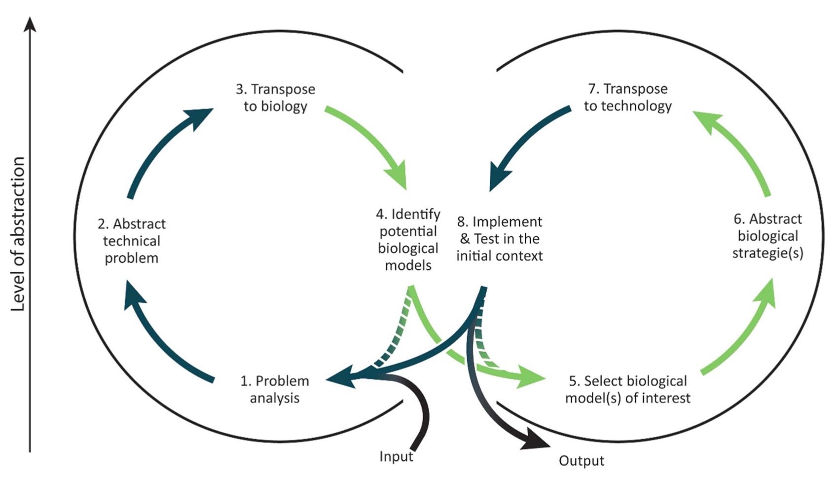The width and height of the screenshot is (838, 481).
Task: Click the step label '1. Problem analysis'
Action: [275, 389]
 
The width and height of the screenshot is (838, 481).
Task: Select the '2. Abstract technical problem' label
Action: [132, 241]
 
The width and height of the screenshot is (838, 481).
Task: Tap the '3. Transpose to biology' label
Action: [275, 98]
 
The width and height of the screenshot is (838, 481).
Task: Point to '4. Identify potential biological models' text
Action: [408, 240]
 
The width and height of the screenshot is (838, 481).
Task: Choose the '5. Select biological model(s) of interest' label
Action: [627, 389]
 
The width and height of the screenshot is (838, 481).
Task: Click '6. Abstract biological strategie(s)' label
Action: [767, 236]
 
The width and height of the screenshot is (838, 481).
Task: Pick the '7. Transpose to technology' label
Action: [627, 97]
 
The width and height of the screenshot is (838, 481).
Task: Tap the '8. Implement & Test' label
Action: [499, 239]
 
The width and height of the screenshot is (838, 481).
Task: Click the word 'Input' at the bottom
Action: [396, 456]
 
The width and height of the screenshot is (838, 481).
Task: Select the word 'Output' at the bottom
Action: [581, 461]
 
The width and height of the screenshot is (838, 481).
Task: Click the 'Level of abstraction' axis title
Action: [18, 234]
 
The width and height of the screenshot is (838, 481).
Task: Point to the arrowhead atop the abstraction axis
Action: [30, 24]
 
